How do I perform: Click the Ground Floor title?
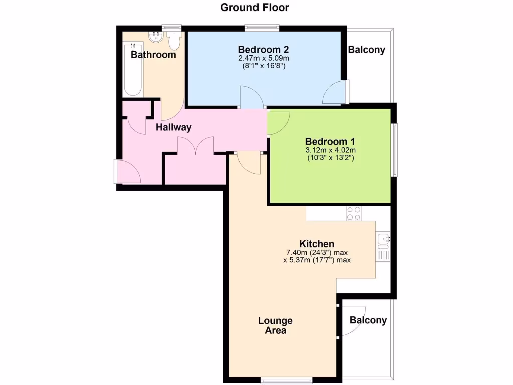click(x=255, y=8)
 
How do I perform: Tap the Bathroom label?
click(x=153, y=55)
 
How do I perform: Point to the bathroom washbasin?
click(x=156, y=37)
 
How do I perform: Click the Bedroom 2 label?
click(x=263, y=50)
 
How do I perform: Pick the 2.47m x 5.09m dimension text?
click(x=263, y=58)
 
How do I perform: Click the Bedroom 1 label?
click(x=330, y=141)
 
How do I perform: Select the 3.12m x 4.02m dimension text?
click(x=330, y=150)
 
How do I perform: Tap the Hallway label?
click(x=173, y=127)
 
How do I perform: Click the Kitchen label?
click(x=317, y=244)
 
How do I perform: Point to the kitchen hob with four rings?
click(x=354, y=213)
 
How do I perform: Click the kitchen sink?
click(x=384, y=240)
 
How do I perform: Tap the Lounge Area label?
click(x=276, y=325)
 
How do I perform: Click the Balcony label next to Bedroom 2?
click(x=367, y=50)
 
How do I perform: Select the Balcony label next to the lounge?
click(x=368, y=320)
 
